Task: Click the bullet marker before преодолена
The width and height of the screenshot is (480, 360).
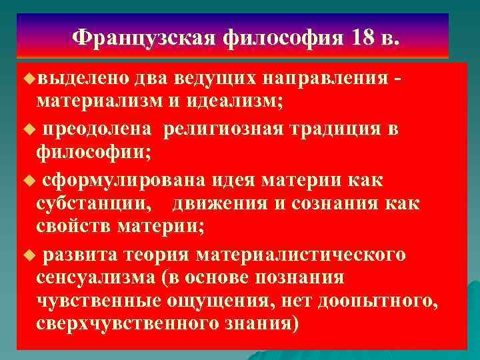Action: pos(27,129)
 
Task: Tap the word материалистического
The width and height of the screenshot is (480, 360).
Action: pos(312,255)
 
